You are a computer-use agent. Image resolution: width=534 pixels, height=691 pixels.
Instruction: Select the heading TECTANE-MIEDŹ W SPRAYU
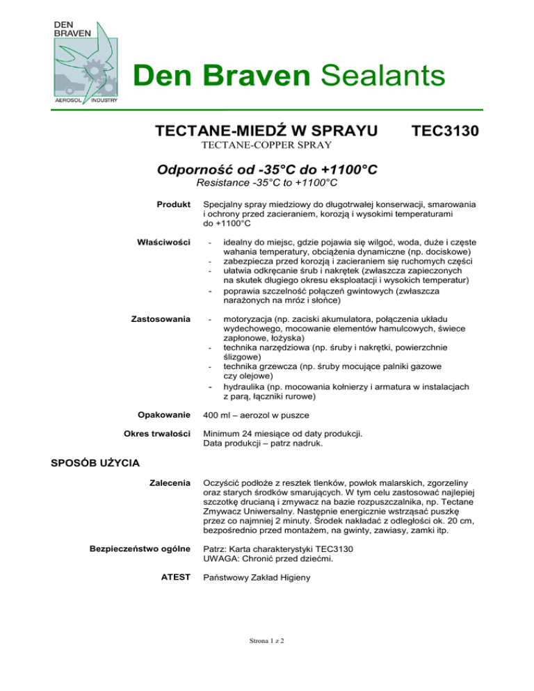point(266,131)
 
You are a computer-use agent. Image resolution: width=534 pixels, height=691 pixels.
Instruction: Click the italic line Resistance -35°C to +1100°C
point(267,183)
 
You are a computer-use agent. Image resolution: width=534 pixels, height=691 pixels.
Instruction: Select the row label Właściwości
point(165,241)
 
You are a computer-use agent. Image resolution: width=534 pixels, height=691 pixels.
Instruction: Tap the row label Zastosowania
point(161,318)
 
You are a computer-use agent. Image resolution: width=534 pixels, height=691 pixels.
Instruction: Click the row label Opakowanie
point(164,415)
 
